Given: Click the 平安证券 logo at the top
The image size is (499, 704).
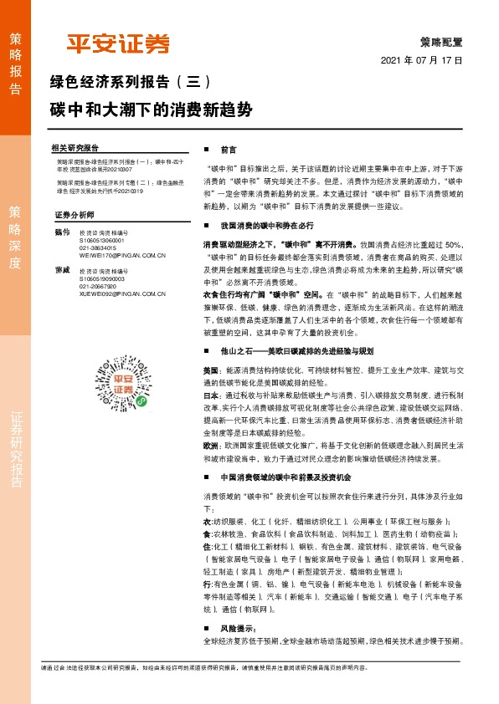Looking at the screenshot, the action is click(118, 44).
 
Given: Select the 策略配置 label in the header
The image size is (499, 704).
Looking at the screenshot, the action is click(441, 40).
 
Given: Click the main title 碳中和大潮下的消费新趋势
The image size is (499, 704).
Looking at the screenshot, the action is click(150, 109).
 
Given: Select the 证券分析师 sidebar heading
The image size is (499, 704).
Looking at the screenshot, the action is click(71, 215).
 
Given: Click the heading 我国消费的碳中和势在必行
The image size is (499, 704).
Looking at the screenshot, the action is click(266, 226).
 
